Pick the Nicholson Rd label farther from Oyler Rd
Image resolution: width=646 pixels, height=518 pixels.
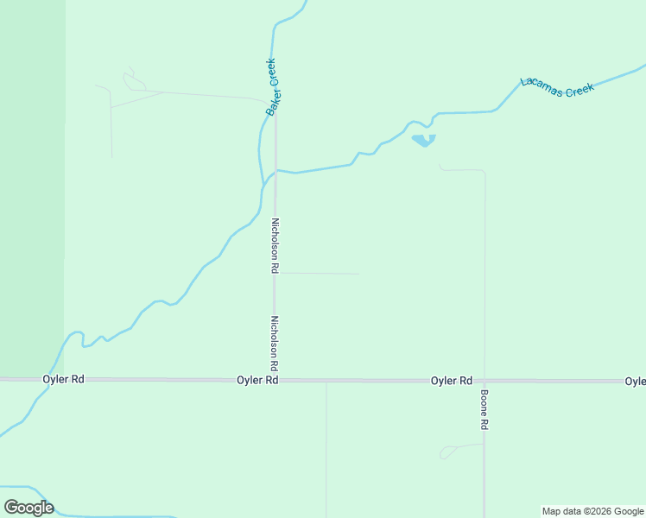(275, 245)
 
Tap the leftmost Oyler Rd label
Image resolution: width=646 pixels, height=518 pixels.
(64, 380)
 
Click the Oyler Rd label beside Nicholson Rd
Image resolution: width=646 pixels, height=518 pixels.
(258, 380)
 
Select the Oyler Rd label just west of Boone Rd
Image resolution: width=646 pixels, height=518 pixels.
(452, 380)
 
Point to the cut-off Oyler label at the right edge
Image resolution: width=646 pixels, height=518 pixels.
(635, 381)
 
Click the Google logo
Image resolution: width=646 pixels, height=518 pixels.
(28, 508)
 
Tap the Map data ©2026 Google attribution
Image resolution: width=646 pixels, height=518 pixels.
(592, 511)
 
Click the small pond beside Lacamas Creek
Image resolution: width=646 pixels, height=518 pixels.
(422, 140)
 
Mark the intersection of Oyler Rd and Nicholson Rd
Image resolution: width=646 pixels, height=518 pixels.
(275, 380)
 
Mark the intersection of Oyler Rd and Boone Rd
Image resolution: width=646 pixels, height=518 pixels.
(484, 380)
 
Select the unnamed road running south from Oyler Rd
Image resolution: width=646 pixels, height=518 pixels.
(326, 449)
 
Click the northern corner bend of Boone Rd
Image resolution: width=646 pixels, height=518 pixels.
(484, 172)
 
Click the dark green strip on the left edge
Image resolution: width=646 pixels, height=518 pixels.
(31, 173)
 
